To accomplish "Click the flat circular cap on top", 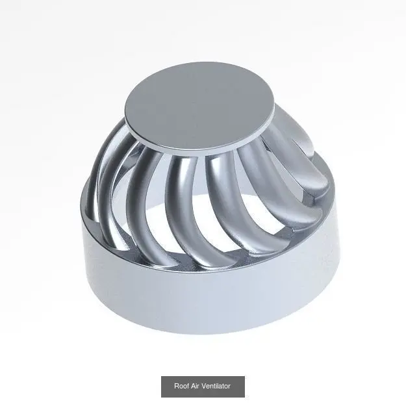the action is point(199,106).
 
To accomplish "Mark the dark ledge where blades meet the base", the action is point(207,262).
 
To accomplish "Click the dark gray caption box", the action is point(203,387).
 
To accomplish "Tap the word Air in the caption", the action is point(196,386).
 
